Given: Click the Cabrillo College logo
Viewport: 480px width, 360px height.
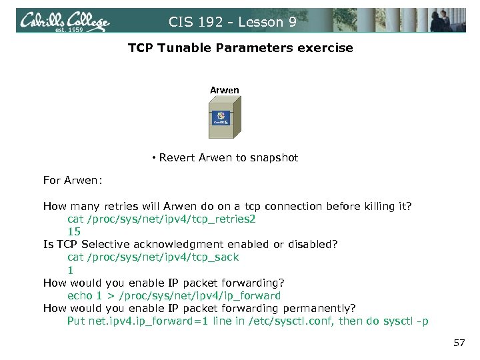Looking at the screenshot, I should point(65,21).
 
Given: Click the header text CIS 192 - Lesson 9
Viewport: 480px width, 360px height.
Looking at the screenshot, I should point(232,22).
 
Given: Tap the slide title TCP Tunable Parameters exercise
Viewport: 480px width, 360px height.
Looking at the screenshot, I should point(240,48).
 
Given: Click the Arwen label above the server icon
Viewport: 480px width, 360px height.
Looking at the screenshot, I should point(224,90).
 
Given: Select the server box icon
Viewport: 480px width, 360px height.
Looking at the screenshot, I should point(224,119).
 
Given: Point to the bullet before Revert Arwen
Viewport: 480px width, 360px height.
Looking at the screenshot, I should point(153,158).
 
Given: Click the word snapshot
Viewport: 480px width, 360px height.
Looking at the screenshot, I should point(275,158).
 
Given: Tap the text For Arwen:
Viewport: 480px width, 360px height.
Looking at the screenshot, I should point(72,181).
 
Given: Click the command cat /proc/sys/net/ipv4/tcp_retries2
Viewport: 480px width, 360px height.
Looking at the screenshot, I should point(161,219).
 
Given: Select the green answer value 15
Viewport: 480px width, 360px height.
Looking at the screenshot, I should point(73,231).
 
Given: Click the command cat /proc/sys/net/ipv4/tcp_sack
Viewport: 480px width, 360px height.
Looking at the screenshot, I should point(153,257).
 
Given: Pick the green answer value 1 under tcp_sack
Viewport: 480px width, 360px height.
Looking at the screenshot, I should point(70,269).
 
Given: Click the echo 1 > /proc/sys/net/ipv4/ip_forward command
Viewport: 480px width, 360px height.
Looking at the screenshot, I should point(174,295).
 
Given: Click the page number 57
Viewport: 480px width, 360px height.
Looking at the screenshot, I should point(458,343).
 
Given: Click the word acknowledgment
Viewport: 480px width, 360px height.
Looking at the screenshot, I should point(185,244).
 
